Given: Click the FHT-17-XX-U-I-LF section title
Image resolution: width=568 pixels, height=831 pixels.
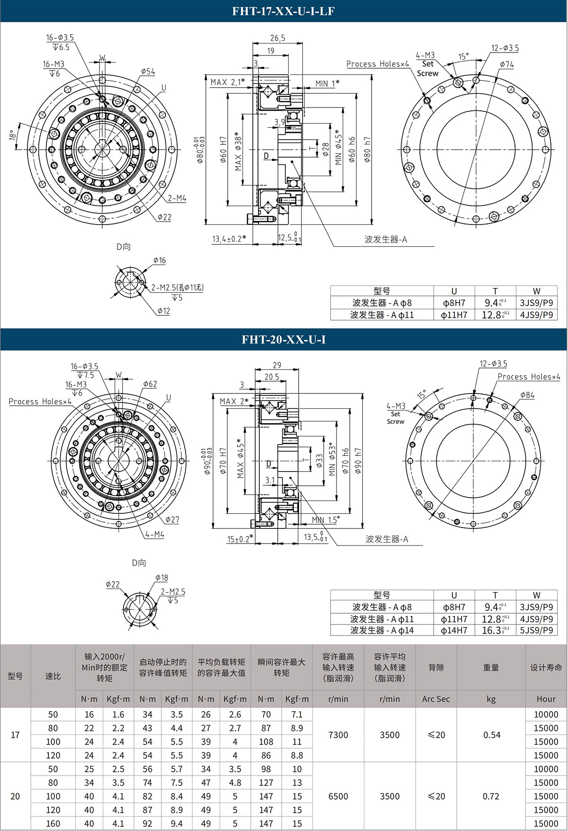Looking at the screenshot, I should (x=283, y=11).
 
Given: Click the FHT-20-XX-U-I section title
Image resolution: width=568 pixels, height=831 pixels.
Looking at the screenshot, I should (x=283, y=340).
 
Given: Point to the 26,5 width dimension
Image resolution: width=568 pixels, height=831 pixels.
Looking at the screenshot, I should (x=277, y=38).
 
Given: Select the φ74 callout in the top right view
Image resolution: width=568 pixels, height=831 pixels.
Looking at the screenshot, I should (x=506, y=64).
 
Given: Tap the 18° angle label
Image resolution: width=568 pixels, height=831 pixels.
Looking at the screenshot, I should (x=12, y=135).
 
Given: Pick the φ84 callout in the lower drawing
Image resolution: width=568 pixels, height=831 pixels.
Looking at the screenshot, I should (x=527, y=395).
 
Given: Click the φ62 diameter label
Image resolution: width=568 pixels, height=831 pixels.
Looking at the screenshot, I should (x=150, y=384).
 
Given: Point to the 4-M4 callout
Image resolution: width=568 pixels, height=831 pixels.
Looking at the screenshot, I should (x=155, y=534).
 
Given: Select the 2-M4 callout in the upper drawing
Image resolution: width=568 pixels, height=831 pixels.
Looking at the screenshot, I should (x=177, y=198).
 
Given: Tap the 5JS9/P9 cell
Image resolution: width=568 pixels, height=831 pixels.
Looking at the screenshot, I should (x=536, y=630).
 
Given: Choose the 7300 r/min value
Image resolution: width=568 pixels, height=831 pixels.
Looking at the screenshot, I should (x=338, y=735).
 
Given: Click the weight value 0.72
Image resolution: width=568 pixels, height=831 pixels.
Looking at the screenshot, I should (x=491, y=796).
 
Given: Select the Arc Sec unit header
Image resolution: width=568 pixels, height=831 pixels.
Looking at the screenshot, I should (x=435, y=699).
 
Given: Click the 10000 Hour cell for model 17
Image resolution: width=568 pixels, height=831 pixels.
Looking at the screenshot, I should (x=546, y=715).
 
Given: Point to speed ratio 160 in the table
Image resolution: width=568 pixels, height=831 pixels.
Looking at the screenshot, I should (x=53, y=823).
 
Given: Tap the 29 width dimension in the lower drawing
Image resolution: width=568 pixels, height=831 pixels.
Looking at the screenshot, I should (x=277, y=365).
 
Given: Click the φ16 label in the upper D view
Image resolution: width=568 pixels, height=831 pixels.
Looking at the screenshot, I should (x=160, y=260).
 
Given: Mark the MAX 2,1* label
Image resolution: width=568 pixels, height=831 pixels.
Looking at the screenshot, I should (x=228, y=82).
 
